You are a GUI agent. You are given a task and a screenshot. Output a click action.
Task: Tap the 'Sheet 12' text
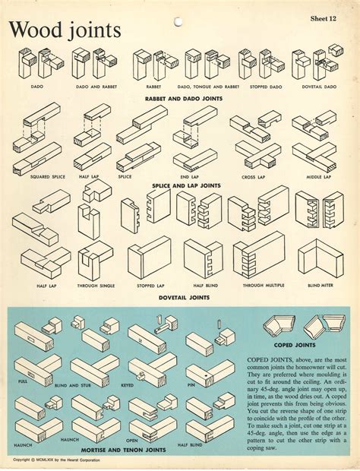click(327, 16)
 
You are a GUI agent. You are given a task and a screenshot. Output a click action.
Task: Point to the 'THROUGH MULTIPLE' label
click(257, 286)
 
